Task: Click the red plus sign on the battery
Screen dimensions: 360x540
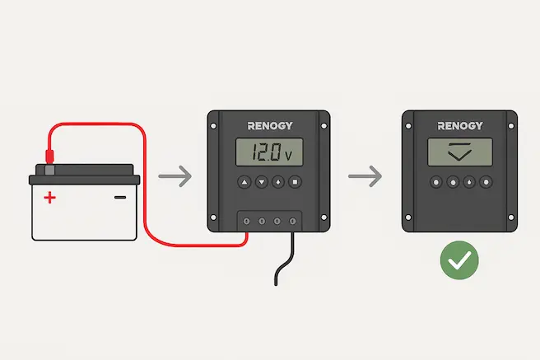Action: tap(50, 197)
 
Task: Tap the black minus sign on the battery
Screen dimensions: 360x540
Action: tap(120, 197)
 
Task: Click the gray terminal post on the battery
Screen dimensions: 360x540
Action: tap(50, 170)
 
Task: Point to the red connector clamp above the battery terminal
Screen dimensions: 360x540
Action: tap(49, 154)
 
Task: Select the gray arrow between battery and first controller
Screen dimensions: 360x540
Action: tap(174, 176)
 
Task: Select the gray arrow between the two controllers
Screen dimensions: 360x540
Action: tap(365, 176)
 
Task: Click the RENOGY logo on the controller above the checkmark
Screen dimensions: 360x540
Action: tap(461, 126)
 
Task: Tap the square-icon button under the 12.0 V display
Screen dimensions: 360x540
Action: tap(296, 182)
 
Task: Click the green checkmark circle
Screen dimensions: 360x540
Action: tap(459, 261)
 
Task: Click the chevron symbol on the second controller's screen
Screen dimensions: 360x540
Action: tap(460, 152)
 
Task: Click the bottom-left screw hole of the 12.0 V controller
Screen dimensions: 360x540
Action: tap(213, 218)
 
